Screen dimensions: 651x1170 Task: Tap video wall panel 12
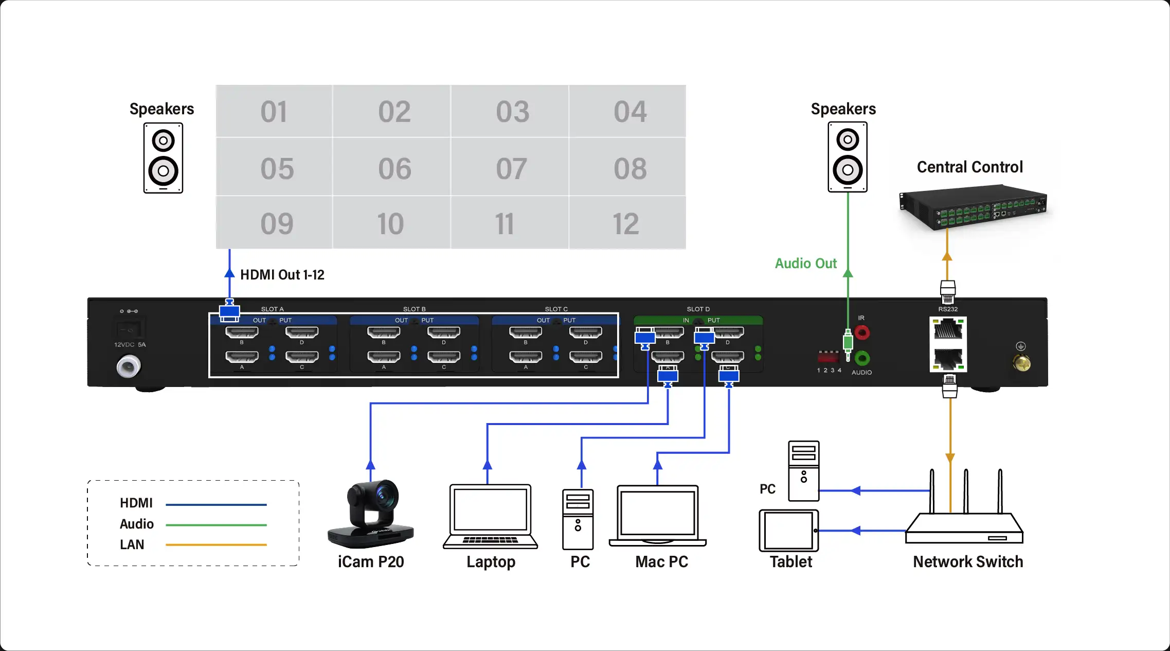point(627,223)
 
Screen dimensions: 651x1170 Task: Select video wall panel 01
point(274,112)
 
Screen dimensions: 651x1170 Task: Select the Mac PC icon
point(658,515)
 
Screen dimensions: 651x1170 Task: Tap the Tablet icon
point(789,531)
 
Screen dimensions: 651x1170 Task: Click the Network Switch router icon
point(964,525)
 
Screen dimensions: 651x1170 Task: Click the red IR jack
point(862,332)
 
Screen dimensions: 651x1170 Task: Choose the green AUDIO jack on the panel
point(862,358)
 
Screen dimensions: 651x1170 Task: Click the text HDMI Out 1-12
point(282,275)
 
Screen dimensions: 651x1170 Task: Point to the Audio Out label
point(805,263)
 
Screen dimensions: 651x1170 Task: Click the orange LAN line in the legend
point(216,544)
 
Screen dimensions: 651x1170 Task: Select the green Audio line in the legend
point(216,525)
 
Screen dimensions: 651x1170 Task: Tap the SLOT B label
point(414,309)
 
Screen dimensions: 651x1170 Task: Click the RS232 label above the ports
point(948,309)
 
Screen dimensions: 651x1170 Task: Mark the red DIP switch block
point(828,356)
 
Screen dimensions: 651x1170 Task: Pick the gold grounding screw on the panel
point(1021,363)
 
